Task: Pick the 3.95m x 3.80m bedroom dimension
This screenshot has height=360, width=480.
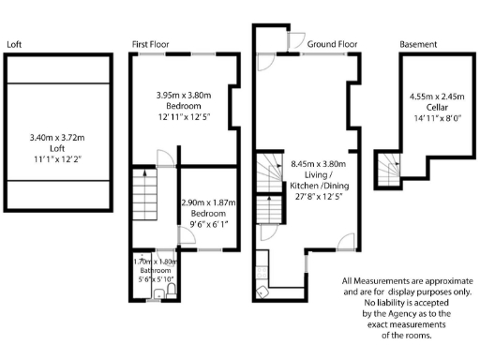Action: (185, 95)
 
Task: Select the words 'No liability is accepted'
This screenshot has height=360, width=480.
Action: (394, 303)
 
